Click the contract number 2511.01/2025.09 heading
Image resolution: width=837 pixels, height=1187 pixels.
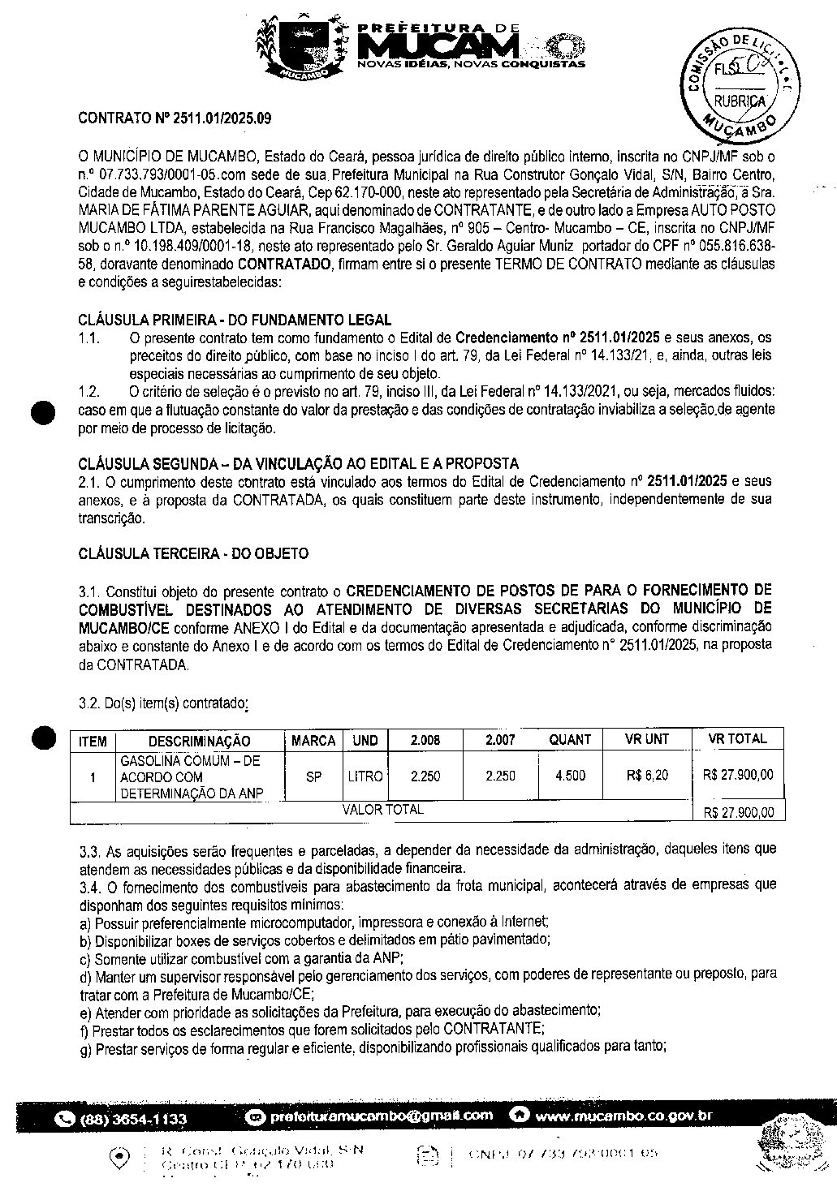click(174, 118)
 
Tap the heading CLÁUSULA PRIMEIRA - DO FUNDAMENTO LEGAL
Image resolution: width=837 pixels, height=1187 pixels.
click(235, 320)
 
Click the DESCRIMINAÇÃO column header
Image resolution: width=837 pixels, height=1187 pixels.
click(199, 741)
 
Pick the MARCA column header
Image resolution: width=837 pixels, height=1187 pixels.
click(313, 741)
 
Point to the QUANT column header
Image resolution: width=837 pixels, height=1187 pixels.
click(570, 740)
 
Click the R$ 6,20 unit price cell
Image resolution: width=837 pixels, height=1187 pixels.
click(647, 776)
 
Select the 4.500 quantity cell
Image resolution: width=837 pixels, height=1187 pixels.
click(570, 776)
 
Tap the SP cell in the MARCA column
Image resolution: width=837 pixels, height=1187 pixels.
click(313, 776)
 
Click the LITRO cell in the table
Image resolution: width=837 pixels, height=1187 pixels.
click(365, 776)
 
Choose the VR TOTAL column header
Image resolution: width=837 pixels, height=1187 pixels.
click(737, 739)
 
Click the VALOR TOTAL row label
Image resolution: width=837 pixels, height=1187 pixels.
click(382, 810)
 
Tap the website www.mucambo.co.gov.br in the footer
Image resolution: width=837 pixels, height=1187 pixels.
click(623, 1116)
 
